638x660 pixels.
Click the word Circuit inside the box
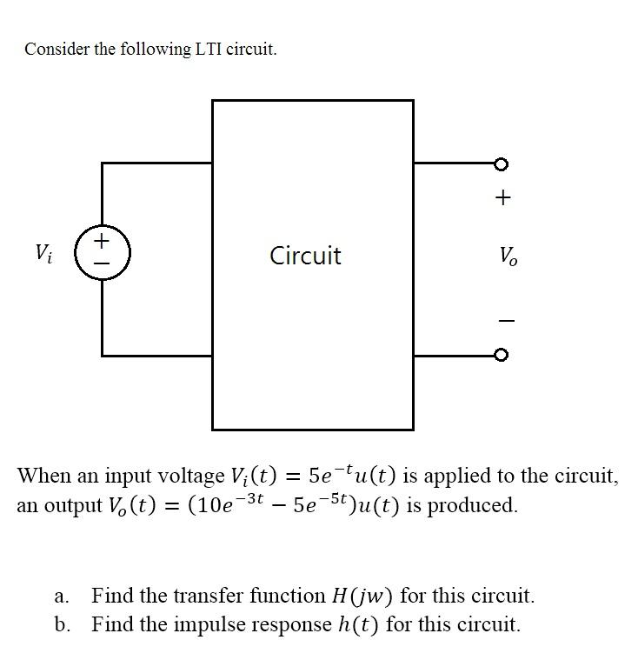305,256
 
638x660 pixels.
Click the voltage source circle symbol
102,251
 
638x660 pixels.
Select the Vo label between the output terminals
506,256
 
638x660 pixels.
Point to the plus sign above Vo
503,198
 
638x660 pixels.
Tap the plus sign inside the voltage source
102,239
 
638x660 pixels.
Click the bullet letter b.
60,624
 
